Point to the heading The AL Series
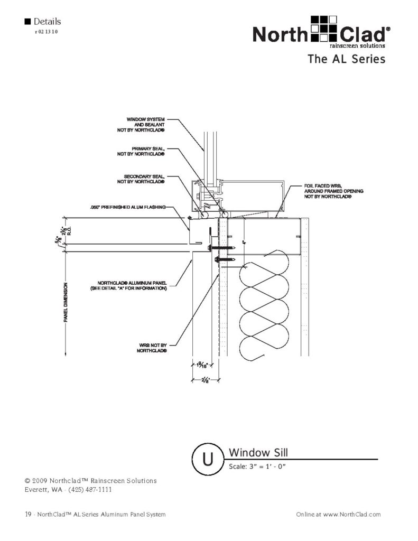click(x=346, y=59)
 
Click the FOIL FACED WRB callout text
click(x=333, y=191)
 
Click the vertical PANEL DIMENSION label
click(x=67, y=303)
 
